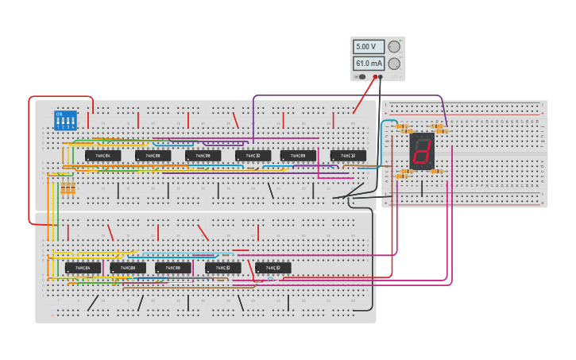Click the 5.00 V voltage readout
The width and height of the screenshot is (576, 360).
tap(369, 47)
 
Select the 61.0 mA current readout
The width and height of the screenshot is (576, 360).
tap(369, 64)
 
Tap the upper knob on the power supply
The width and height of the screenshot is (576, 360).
tap(394, 47)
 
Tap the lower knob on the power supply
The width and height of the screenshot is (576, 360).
tap(394, 64)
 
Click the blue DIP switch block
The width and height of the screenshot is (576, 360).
tap(64, 120)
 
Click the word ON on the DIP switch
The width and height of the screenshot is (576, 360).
tap(59, 114)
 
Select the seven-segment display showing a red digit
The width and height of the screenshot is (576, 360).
tap(422, 150)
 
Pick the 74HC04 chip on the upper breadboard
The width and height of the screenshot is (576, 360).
tap(102, 156)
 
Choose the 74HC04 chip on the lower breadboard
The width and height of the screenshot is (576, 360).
tap(83, 269)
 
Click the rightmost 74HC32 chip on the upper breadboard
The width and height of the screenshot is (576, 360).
tap(348, 156)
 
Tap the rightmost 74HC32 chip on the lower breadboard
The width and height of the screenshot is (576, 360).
tap(273, 269)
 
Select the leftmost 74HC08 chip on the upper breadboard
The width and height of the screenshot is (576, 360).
tap(153, 156)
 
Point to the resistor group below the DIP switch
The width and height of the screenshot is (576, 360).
tap(68, 188)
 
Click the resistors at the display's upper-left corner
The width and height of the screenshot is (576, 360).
tap(403, 127)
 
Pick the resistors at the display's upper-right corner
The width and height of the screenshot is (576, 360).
tap(438, 126)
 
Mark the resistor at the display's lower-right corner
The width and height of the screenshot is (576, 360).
tap(437, 172)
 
